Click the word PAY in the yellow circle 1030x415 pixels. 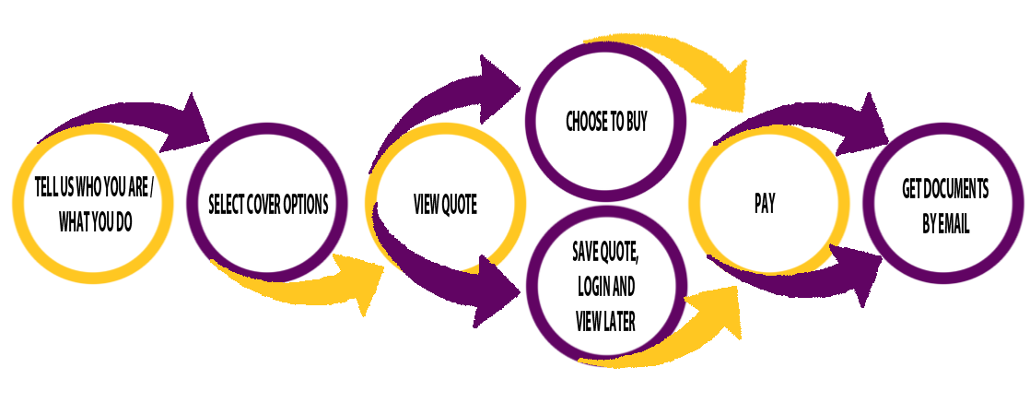(764, 205)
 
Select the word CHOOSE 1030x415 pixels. (586, 123)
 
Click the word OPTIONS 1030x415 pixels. (310, 204)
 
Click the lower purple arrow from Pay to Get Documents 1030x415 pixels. (811, 277)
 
